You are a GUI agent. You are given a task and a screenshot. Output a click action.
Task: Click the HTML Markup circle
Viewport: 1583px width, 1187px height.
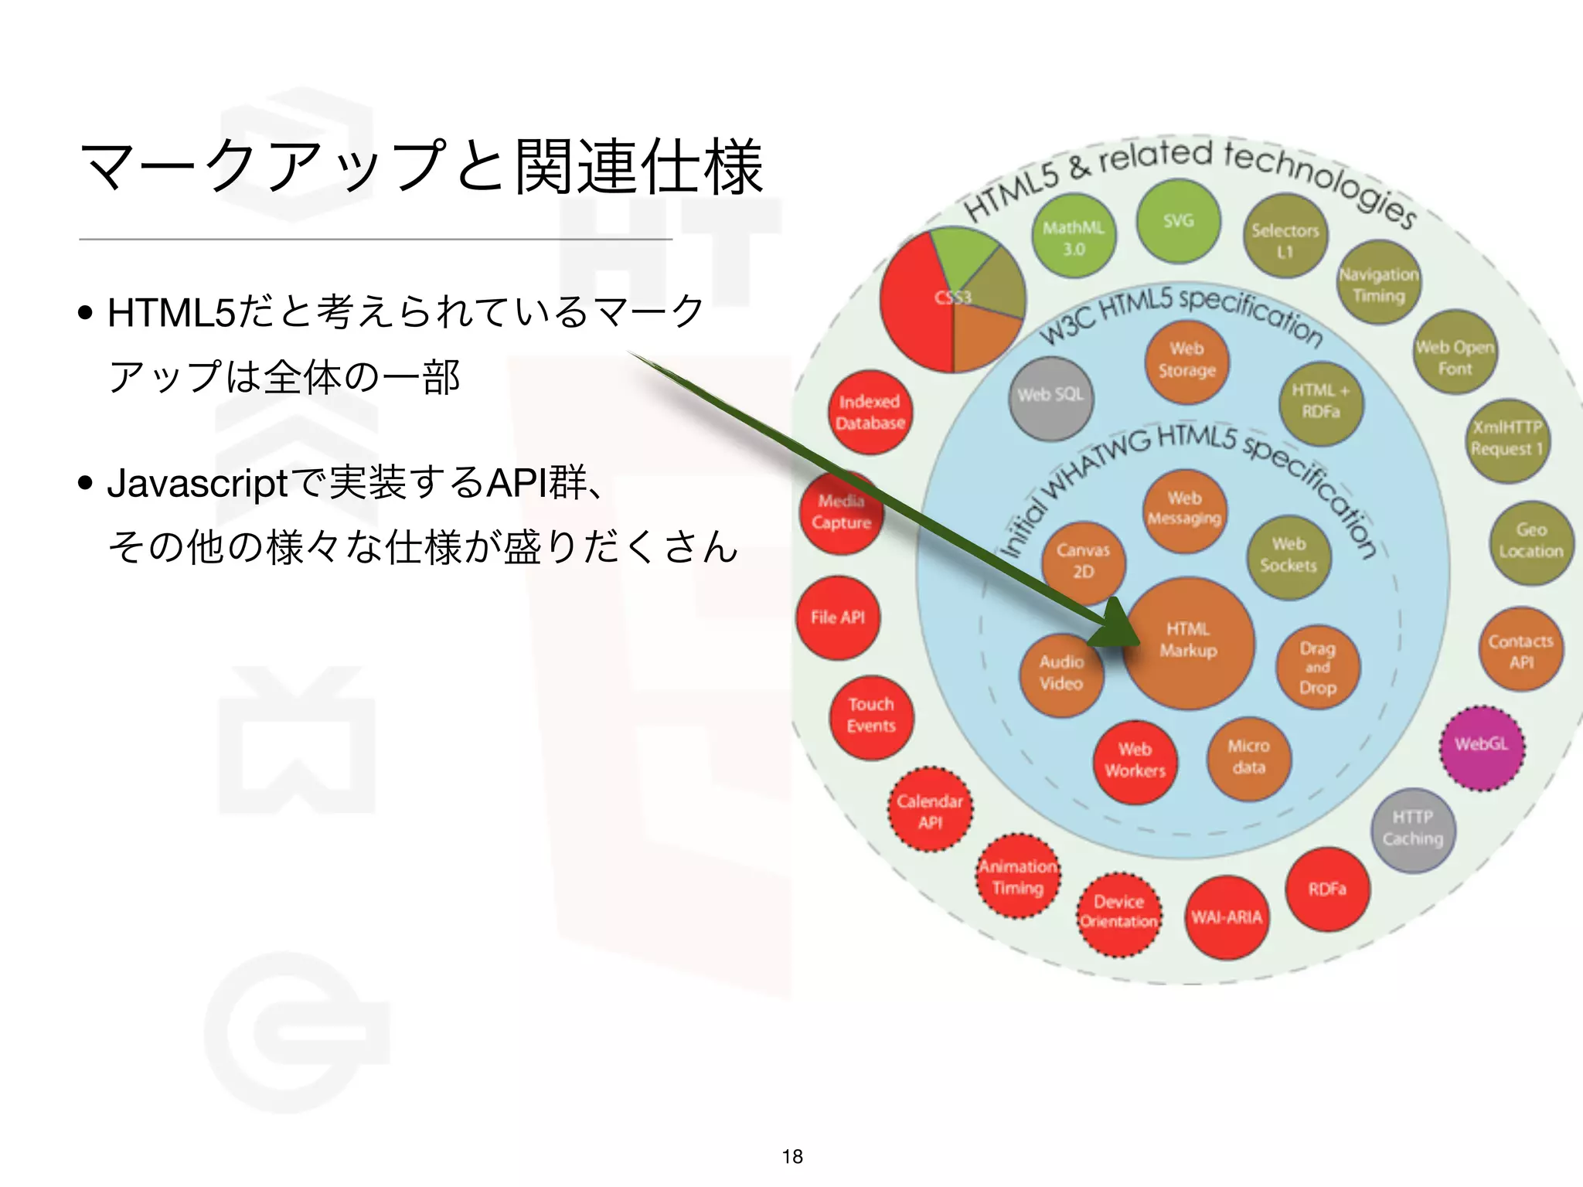pyautogui.click(x=1189, y=643)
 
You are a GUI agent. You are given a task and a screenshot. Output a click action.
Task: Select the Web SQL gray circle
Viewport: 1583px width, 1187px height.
pyautogui.click(x=1050, y=397)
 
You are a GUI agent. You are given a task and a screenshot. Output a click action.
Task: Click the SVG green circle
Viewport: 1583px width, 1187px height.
pyautogui.click(x=1178, y=222)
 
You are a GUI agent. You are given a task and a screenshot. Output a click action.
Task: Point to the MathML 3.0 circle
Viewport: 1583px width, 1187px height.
pyautogui.click(x=1074, y=237)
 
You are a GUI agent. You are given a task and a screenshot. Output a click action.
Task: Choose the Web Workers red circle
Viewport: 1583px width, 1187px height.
pyautogui.click(x=1135, y=762)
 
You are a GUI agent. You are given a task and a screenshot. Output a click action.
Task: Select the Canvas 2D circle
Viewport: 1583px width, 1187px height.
pyautogui.click(x=1083, y=562)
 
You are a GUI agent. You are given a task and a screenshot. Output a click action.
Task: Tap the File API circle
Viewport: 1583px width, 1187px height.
pyautogui.click(x=838, y=617)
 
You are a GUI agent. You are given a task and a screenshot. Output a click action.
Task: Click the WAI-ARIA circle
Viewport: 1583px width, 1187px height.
pyautogui.click(x=1227, y=918)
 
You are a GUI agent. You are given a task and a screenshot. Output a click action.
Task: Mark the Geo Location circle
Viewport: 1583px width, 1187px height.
pyautogui.click(x=1531, y=542)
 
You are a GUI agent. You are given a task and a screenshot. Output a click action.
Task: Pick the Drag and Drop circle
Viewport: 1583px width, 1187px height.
pyautogui.click(x=1318, y=668)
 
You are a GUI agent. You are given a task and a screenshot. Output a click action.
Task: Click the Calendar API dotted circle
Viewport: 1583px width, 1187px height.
pyautogui.click(x=930, y=811)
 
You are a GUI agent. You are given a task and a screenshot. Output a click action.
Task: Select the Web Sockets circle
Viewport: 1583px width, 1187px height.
pyautogui.click(x=1289, y=556)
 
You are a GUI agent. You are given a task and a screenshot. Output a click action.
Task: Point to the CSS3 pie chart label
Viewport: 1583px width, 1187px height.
pyautogui.click(x=952, y=298)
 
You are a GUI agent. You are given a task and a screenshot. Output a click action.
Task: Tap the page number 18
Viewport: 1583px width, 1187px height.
pyautogui.click(x=792, y=1157)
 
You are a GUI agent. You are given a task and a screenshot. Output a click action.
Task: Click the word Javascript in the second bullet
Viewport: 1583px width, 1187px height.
pyautogui.click(x=197, y=485)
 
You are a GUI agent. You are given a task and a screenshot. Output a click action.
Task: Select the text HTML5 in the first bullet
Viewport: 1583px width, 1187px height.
pyautogui.click(x=171, y=314)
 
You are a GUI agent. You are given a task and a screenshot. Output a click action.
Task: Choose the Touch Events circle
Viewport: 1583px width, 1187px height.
pyautogui.click(x=871, y=716)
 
